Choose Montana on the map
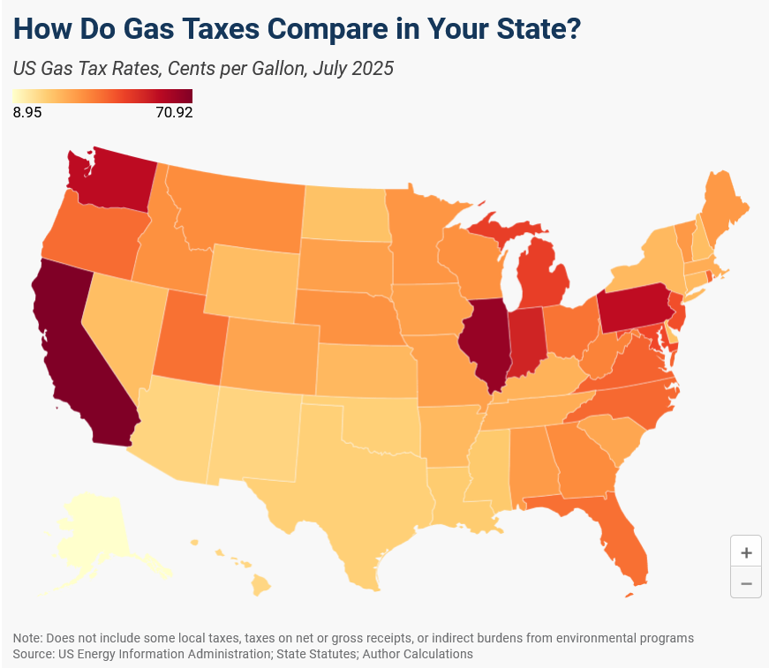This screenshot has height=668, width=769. [238, 212]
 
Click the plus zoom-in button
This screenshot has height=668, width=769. [746, 553]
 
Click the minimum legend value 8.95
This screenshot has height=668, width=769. [27, 112]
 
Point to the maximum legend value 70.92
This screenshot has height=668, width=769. [174, 112]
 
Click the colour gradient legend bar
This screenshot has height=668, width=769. [102, 96]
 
